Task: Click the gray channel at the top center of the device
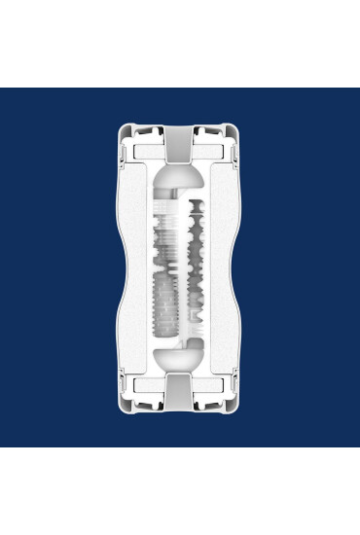point(180,146)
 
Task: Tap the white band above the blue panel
point(180,44)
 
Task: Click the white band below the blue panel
point(180,491)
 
